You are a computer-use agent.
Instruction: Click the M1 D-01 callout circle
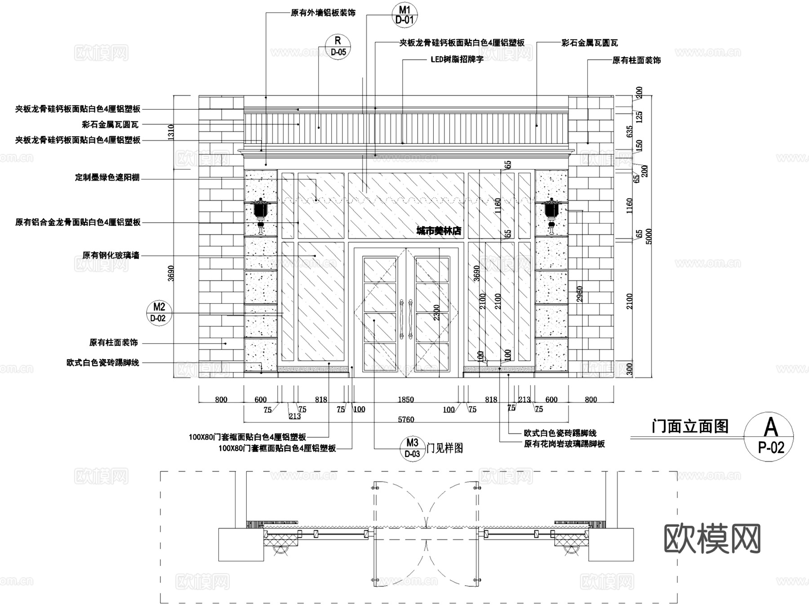(404, 15)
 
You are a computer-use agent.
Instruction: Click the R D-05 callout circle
(338, 47)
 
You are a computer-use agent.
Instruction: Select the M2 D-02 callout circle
(159, 313)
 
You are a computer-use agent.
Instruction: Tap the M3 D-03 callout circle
(412, 448)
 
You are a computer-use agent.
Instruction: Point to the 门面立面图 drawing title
(690, 426)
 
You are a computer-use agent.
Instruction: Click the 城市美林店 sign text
(439, 231)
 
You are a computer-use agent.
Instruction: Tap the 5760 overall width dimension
(406, 419)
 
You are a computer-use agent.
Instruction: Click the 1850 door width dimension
(405, 400)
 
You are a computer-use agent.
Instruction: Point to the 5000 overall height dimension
(648, 236)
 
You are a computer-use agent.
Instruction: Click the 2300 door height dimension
(437, 313)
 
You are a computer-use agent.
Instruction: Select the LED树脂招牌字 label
(457, 59)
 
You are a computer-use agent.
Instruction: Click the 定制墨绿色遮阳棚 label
(107, 178)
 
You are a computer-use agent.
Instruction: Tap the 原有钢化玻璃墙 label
(111, 256)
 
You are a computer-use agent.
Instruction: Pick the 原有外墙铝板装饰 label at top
(323, 13)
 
